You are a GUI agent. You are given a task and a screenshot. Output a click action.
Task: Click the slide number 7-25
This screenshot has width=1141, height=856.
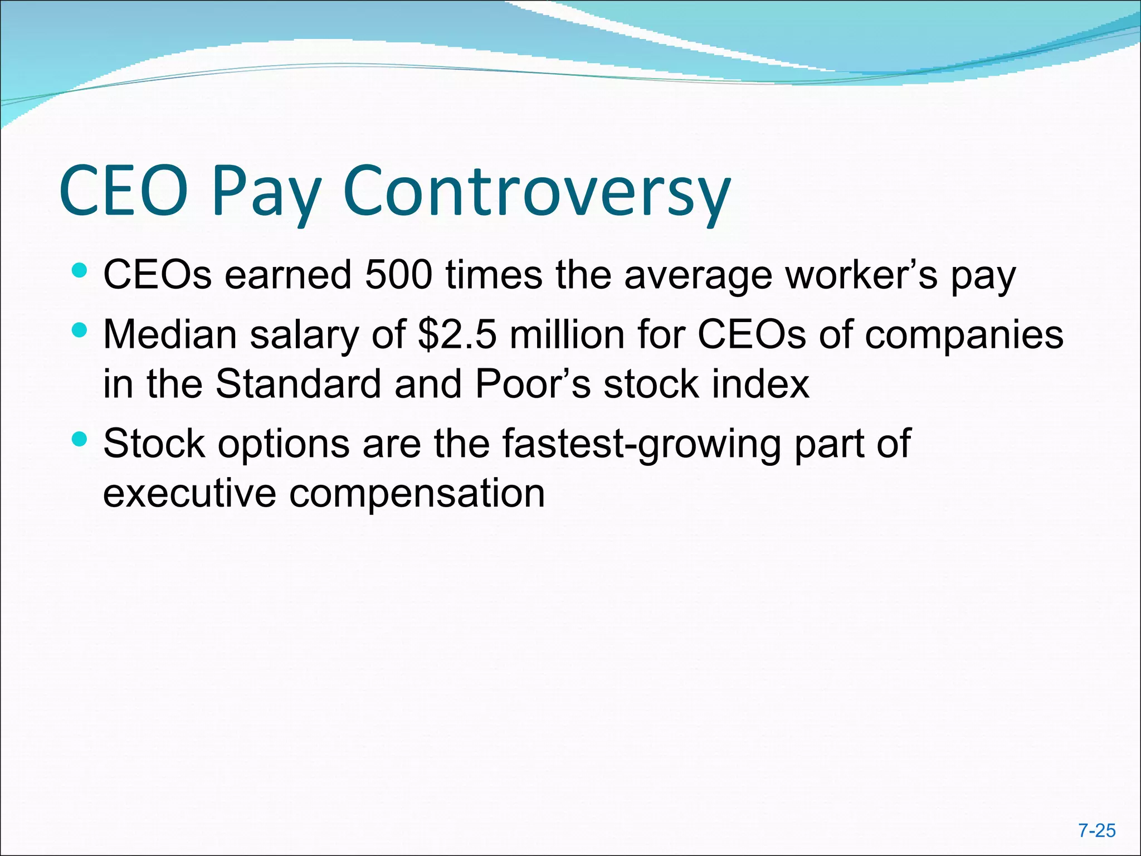1096,830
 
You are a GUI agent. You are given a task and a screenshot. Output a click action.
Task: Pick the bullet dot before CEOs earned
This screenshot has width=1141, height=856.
80,271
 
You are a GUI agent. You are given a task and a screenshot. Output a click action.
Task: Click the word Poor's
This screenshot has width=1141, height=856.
532,384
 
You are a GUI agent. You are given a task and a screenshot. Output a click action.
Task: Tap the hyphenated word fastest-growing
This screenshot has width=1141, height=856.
641,444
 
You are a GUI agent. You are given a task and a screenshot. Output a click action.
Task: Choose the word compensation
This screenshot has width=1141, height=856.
417,493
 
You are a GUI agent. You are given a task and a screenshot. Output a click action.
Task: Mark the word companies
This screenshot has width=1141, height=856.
964,335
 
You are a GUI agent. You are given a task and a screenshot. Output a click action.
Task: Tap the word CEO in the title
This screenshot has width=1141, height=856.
124,191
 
